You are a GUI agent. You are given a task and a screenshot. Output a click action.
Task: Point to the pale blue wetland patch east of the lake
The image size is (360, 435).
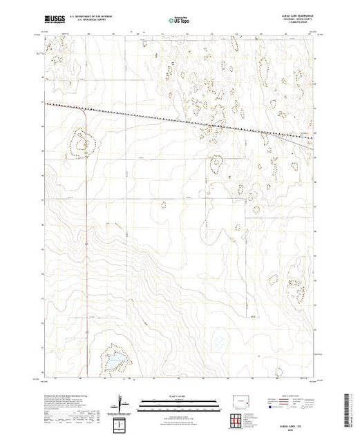(220, 341)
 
